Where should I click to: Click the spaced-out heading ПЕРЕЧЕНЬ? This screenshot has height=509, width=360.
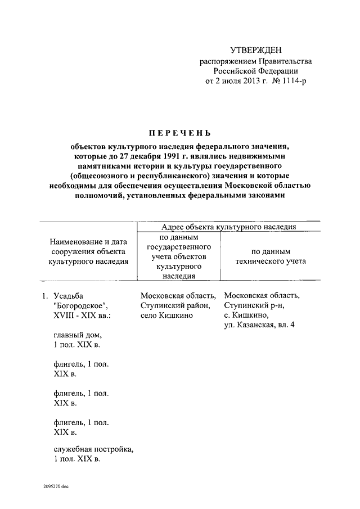(x=179, y=133)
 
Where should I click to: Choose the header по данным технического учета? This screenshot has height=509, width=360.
(x=270, y=257)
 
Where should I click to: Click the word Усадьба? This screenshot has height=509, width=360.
(x=70, y=295)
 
